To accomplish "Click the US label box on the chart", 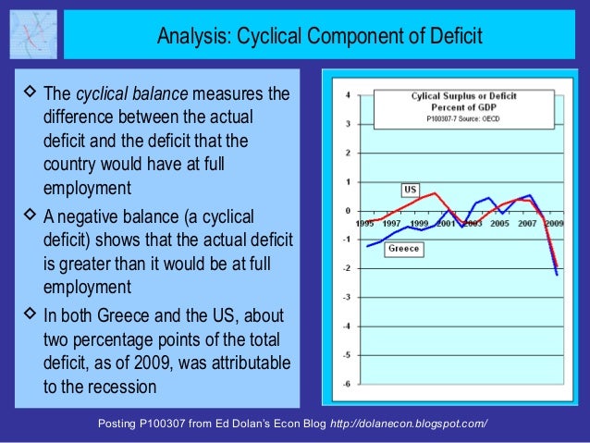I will [x=411, y=190].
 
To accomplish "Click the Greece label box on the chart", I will [x=402, y=249].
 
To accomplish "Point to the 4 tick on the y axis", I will [x=346, y=94].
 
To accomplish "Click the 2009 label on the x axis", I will [x=554, y=223].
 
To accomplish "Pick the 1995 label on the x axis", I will [x=366, y=223].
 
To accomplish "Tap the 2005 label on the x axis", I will [x=499, y=223].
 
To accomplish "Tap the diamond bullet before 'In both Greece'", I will [x=27, y=313].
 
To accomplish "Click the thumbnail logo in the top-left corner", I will [x=31, y=34].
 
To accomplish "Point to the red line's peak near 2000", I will [x=435, y=193].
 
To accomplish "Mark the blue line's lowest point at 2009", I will [x=557, y=275].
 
